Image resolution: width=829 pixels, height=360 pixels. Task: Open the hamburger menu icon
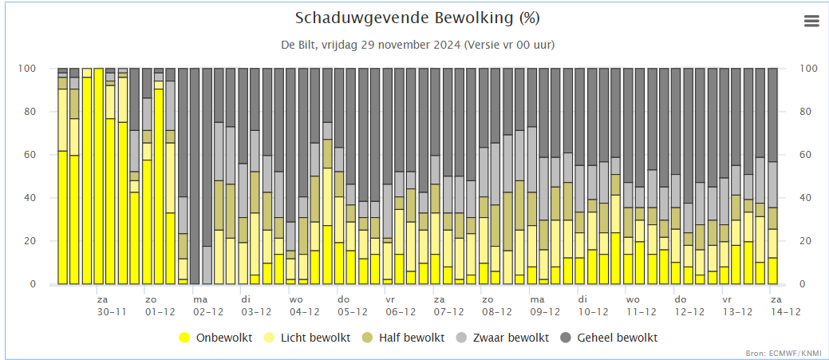(x=811, y=22)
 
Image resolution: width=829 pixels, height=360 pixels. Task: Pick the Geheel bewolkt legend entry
(x=618, y=338)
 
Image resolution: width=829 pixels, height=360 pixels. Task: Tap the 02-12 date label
(x=207, y=312)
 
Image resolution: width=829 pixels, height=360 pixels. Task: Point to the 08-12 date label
(x=496, y=312)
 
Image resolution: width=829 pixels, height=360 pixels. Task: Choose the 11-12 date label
(x=641, y=312)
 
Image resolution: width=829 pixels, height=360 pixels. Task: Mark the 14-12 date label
(x=785, y=312)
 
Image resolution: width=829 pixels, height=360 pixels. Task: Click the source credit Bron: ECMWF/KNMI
(x=788, y=352)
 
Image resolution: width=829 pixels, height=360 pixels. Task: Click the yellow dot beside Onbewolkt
(x=185, y=338)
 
